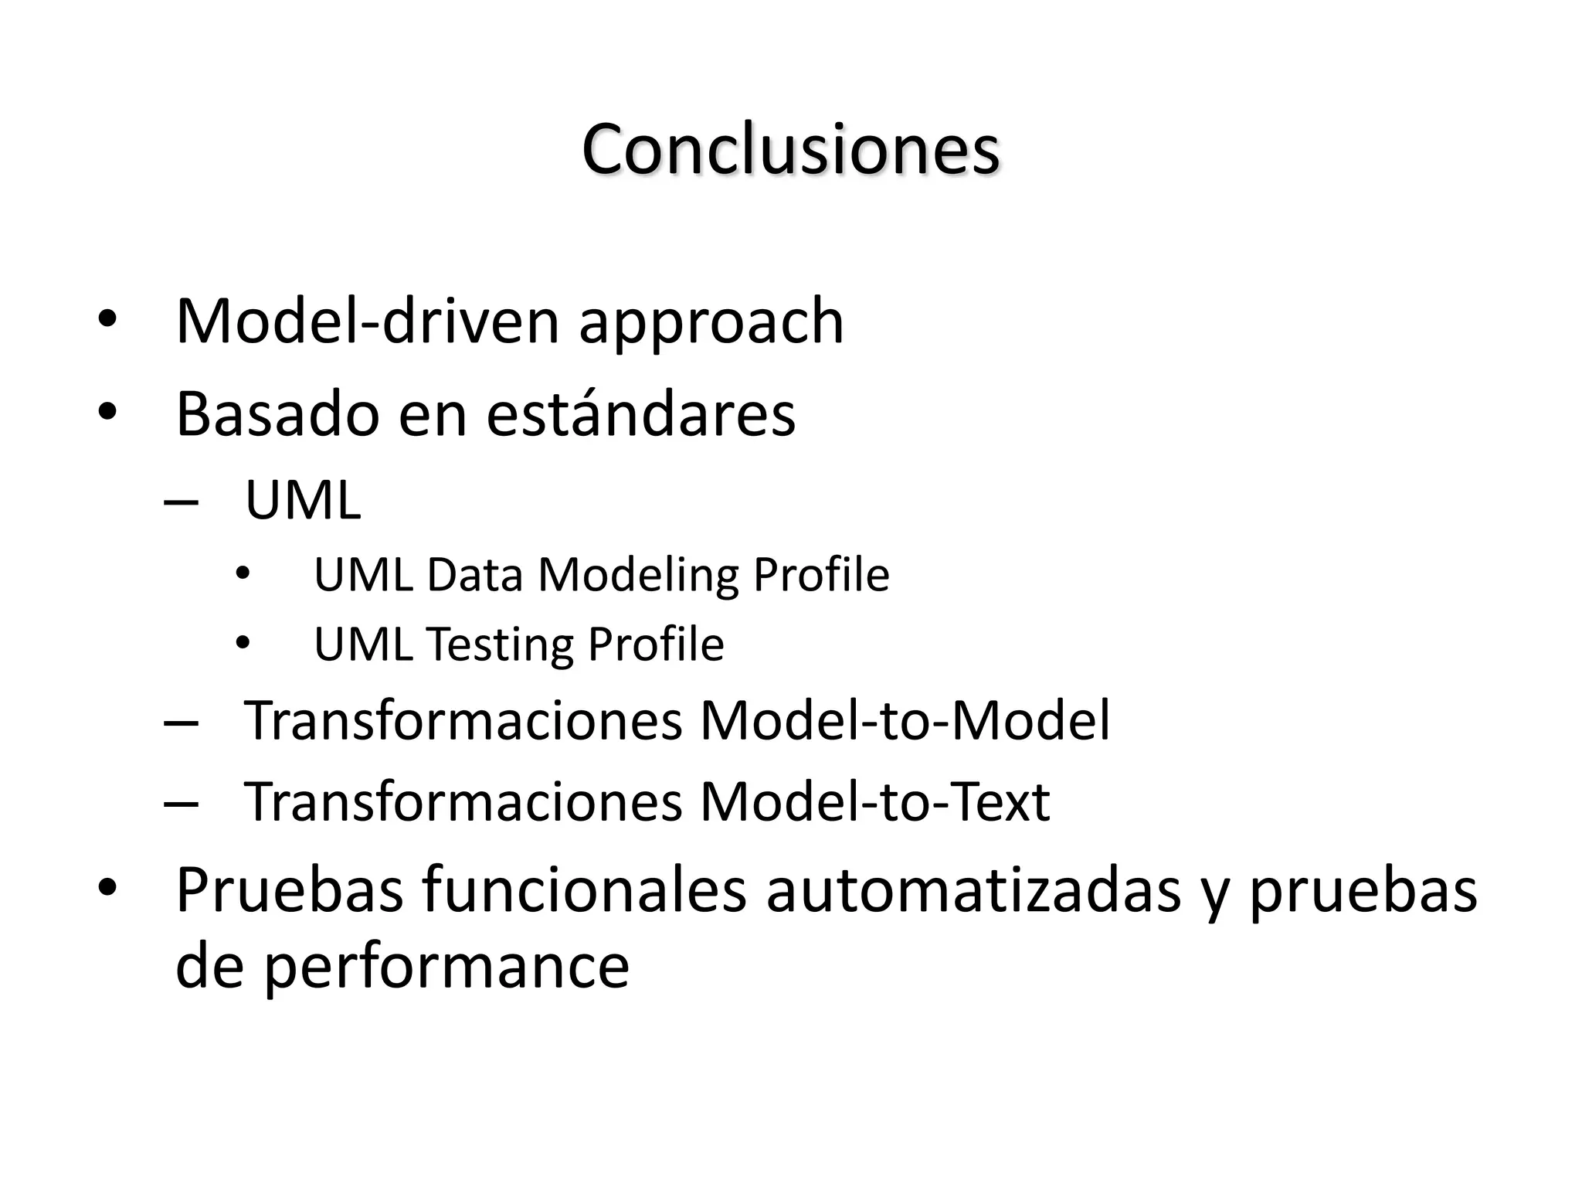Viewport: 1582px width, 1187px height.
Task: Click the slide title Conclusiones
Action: [790, 149]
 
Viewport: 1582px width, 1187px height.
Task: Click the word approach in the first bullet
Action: [711, 322]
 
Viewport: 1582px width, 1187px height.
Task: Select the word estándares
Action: [640, 413]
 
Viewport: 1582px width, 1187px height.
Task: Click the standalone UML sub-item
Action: [302, 501]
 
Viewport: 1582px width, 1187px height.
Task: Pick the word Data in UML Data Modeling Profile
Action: [474, 575]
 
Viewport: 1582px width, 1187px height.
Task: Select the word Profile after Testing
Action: [655, 645]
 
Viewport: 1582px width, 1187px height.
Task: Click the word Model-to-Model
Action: [904, 720]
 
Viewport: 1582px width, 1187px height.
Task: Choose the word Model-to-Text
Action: [874, 801]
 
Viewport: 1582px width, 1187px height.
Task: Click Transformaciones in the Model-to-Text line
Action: [463, 801]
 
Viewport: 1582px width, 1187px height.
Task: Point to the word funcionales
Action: [585, 890]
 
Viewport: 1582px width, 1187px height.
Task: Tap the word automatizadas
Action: [973, 890]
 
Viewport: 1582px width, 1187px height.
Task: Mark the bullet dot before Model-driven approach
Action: [107, 318]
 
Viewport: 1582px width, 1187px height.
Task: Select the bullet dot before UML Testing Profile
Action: [243, 643]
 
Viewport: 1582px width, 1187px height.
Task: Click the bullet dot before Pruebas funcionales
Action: [107, 887]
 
